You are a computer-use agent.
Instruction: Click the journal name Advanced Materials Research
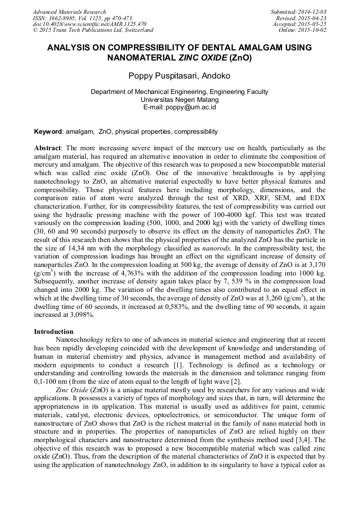pyautogui.click(x=69, y=12)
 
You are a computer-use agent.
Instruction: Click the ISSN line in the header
pyautogui.click(x=82, y=18)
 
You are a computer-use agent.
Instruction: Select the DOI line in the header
pyautogui.click(x=89, y=24)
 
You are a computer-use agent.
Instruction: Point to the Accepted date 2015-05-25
pyautogui.click(x=313, y=24)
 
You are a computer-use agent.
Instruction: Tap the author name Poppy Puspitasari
pyautogui.click(x=161, y=76)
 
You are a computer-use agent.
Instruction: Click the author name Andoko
pyautogui.click(x=216, y=76)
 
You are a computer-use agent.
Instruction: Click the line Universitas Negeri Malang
pyautogui.click(x=179, y=99)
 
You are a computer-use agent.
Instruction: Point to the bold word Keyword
pyautogui.click(x=48, y=131)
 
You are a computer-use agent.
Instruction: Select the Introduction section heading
pyautogui.click(x=54, y=331)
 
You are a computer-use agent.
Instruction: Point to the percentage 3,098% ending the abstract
pyautogui.click(x=80, y=315)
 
